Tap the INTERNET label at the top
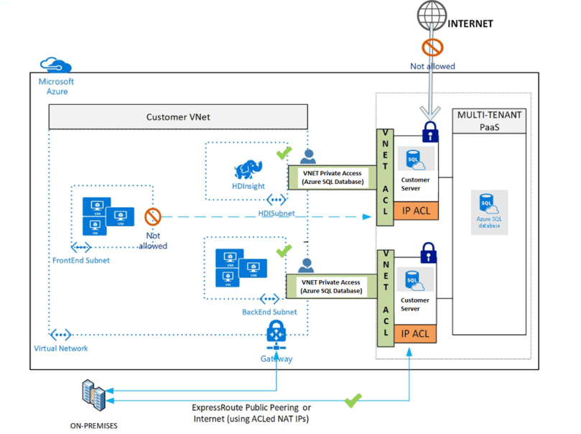[470, 24]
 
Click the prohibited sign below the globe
[432, 48]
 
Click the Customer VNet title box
[178, 117]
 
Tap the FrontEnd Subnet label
[80, 260]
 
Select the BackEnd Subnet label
[269, 312]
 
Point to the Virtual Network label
[61, 348]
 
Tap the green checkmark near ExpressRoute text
[353, 400]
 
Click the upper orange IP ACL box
[415, 210]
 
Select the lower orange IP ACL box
[415, 333]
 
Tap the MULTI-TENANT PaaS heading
[489, 121]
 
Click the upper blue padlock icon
[430, 131]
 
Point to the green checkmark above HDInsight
[284, 153]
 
